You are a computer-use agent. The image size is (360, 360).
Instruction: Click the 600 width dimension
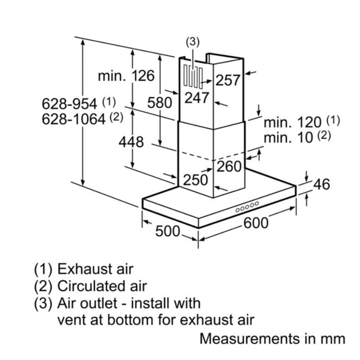coord(256,223)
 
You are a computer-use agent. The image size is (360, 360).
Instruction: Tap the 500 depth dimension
coord(167,231)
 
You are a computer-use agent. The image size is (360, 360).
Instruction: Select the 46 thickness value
coord(322,184)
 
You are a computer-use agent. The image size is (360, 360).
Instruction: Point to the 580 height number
coord(160,103)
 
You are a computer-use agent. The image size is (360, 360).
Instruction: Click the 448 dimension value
coord(131,142)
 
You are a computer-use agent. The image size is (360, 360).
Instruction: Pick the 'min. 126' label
coord(126,76)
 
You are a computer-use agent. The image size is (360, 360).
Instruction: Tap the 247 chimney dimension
coord(197,97)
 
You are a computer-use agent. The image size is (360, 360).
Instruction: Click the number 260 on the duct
coord(229,166)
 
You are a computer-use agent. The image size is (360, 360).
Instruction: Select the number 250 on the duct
coord(196,180)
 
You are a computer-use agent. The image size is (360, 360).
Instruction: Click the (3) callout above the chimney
coord(193,42)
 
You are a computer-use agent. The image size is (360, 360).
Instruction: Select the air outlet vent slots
coord(193,77)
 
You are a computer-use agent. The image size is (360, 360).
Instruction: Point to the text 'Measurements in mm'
coord(272,339)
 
